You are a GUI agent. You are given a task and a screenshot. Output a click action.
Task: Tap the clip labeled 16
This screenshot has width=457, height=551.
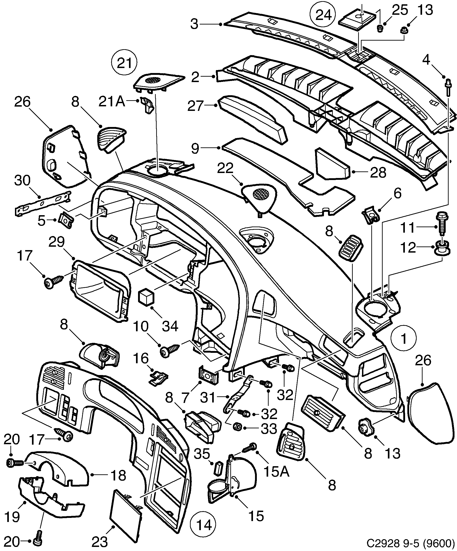click(158, 378)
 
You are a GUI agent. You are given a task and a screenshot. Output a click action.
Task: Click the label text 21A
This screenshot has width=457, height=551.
click(112, 102)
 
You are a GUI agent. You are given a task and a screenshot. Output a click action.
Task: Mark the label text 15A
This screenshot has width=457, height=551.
click(277, 472)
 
